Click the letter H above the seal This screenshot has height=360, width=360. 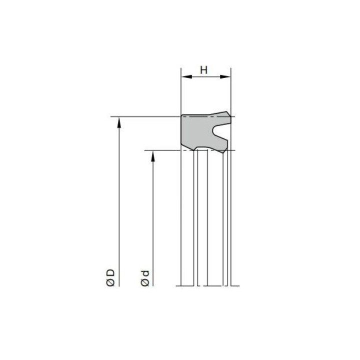point(203,70)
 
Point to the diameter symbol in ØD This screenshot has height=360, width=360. point(110,282)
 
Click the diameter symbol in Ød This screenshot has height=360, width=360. point(145,282)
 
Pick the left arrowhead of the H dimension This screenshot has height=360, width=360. point(186,76)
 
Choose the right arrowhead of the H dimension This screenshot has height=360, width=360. point(225,76)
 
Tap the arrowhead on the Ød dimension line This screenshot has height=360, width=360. point(153,156)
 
